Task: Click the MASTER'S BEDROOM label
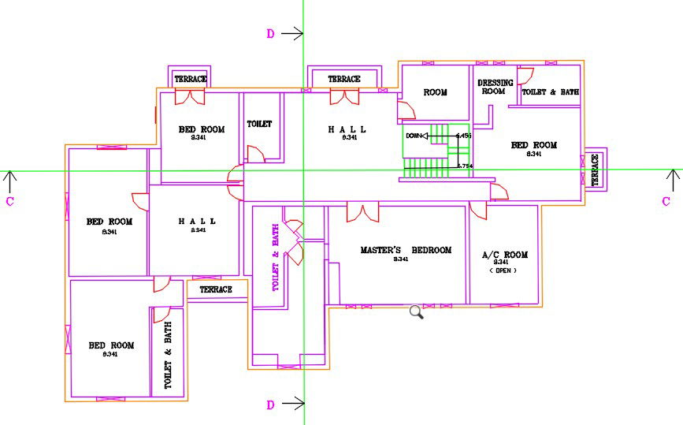pyautogui.click(x=406, y=250)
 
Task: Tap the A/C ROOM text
pyautogui.click(x=504, y=255)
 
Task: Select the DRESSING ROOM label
pyautogui.click(x=494, y=87)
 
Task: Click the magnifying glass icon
pyautogui.click(x=417, y=312)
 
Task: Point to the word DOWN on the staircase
pyautogui.click(x=414, y=136)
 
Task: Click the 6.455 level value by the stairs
pyautogui.click(x=463, y=136)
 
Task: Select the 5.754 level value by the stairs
pyautogui.click(x=465, y=166)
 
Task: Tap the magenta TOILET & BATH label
pyautogui.click(x=276, y=257)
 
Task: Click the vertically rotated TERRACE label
pyautogui.click(x=595, y=170)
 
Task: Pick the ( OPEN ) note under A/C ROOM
pyautogui.click(x=503, y=270)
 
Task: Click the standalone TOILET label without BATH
pyautogui.click(x=259, y=125)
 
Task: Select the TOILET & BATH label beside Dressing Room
pyautogui.click(x=551, y=92)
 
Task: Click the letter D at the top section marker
pyautogui.click(x=270, y=33)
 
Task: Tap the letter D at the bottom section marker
pyautogui.click(x=270, y=404)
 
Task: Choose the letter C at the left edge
pyautogui.click(x=9, y=201)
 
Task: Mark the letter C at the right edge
pyautogui.click(x=666, y=201)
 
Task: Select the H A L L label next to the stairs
pyautogui.click(x=347, y=129)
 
